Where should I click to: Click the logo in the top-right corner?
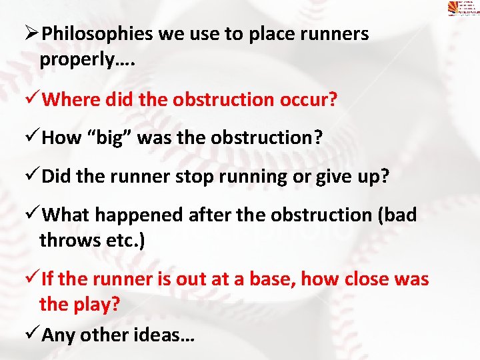tap(463, 9)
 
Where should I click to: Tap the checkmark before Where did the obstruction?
tap(33, 100)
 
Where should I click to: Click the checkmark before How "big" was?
tap(33, 138)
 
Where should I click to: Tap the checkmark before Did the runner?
tap(33, 176)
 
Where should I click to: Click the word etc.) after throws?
tap(123, 239)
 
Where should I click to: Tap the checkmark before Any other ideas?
tap(33, 334)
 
